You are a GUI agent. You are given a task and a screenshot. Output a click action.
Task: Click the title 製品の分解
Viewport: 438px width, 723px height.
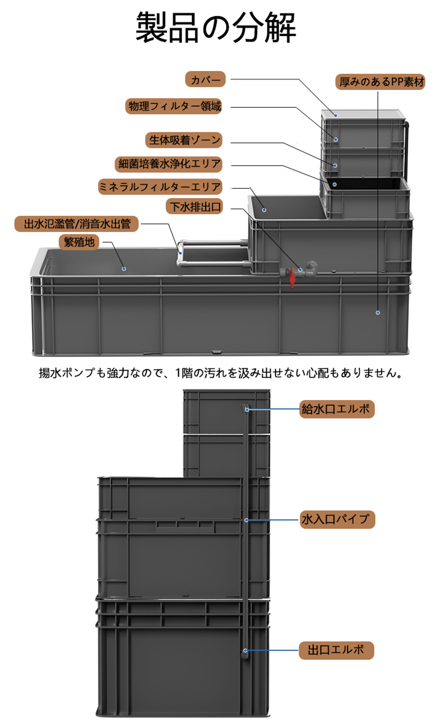click(x=215, y=28)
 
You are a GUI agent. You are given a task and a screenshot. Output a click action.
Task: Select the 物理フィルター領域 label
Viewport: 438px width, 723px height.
click(x=174, y=106)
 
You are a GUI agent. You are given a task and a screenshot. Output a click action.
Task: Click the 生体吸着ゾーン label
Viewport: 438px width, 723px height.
click(x=184, y=140)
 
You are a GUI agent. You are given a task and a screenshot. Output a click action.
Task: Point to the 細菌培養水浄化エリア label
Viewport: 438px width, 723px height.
click(x=169, y=164)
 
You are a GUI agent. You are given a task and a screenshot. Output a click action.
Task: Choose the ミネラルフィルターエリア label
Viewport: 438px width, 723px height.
click(x=160, y=187)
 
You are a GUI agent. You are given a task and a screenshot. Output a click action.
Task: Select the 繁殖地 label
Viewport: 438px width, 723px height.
click(x=79, y=242)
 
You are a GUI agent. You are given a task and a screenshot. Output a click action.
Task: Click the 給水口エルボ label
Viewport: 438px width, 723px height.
click(x=337, y=409)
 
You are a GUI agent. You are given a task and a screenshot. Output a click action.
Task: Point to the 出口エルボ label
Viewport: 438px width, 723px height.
click(x=336, y=650)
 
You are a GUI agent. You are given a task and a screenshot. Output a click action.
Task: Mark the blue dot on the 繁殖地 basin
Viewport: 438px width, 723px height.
click(x=124, y=269)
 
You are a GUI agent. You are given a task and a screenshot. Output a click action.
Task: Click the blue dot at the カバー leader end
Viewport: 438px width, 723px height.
click(x=336, y=116)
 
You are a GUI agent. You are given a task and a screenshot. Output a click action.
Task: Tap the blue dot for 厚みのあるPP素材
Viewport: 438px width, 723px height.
click(x=378, y=313)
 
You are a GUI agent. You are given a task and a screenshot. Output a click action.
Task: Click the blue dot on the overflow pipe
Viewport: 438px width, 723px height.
click(x=181, y=253)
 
